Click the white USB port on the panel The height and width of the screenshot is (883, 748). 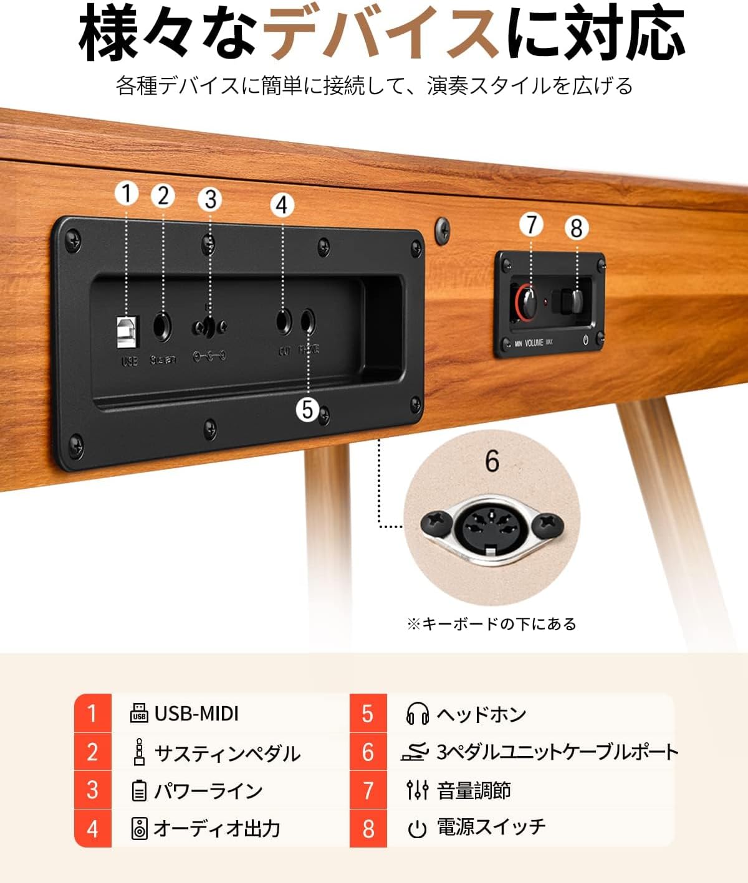(128, 331)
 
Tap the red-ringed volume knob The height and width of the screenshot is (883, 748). (527, 299)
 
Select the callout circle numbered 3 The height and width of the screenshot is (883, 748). (211, 199)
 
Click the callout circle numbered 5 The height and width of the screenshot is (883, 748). (307, 409)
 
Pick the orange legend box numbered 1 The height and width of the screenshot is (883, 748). (93, 713)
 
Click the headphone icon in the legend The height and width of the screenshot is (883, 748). (417, 714)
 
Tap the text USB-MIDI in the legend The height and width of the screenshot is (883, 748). (196, 714)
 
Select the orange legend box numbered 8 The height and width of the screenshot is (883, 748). (368, 828)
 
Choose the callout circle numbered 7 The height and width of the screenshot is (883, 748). (531, 224)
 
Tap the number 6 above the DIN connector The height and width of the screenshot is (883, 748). (492, 461)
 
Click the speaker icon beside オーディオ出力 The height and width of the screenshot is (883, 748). (140, 829)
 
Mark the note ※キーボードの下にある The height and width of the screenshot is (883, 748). (491, 623)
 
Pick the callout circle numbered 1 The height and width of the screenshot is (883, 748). (127, 194)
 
